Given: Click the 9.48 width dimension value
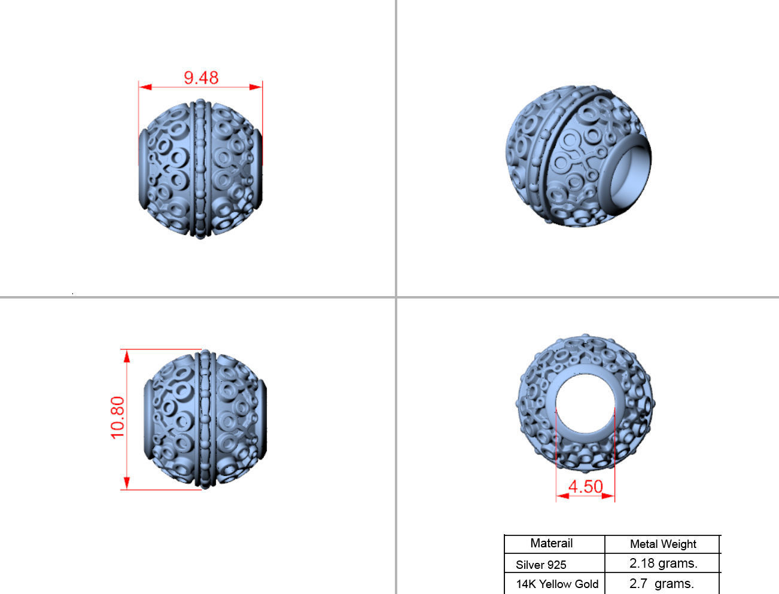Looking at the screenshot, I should [x=201, y=78].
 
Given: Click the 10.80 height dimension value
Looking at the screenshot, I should [x=118, y=418].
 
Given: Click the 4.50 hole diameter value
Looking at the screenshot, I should [x=585, y=486].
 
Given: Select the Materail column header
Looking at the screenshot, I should [x=552, y=543].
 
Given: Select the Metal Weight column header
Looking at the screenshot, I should [x=663, y=544].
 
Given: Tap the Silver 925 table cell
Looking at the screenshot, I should [x=541, y=564].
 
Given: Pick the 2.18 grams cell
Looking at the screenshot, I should [x=663, y=563].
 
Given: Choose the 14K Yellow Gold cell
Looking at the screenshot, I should [x=557, y=584].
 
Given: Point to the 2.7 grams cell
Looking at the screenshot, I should [x=662, y=584].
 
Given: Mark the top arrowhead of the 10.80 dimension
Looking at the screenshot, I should [x=127, y=357].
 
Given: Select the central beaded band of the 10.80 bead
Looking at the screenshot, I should [x=206, y=419].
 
